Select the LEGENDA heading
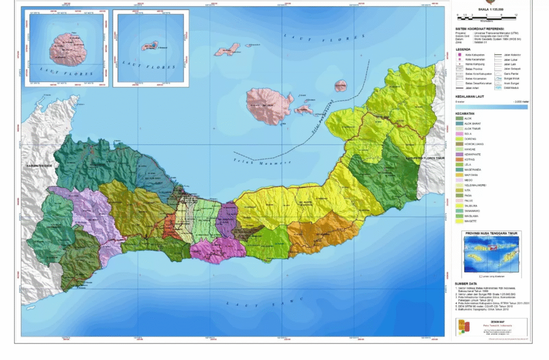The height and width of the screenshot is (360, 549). point(464,48)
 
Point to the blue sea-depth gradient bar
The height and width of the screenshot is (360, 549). point(491,107)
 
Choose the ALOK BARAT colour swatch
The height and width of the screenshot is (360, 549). point(459,123)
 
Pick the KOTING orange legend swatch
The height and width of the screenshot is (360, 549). point(459,159)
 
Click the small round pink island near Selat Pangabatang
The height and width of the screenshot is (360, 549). point(340,86)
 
